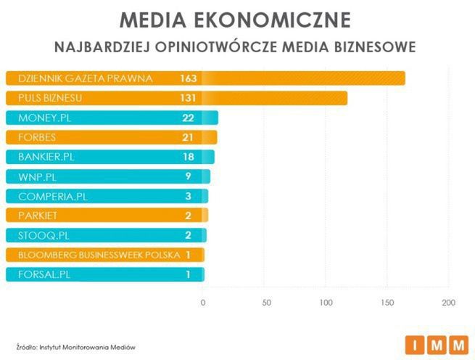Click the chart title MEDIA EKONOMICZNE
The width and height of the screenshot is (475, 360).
pyautogui.click(x=236, y=19)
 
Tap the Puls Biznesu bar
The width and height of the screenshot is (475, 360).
pyautogui.click(x=276, y=98)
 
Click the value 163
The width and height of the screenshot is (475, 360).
pyautogui.click(x=188, y=78)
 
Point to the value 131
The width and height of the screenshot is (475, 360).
pyautogui.click(x=188, y=98)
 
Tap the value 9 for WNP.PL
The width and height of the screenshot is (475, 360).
pyautogui.click(x=188, y=176)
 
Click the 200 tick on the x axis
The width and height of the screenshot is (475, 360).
pyautogui.click(x=449, y=302)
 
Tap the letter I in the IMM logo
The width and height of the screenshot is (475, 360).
pyautogui.click(x=416, y=344)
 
